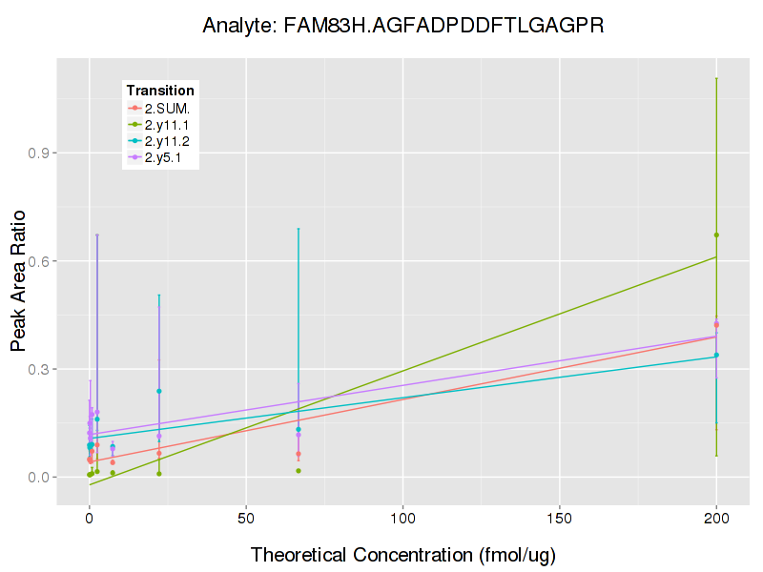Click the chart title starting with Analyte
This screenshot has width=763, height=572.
[403, 26]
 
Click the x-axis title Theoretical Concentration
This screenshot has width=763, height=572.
[402, 555]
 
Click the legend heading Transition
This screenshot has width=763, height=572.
[160, 91]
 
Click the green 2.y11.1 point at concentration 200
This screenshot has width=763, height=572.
[716, 235]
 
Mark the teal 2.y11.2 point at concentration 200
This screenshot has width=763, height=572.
[716, 355]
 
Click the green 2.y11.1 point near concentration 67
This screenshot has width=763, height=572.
[299, 470]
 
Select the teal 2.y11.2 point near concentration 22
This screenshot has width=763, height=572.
[159, 391]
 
